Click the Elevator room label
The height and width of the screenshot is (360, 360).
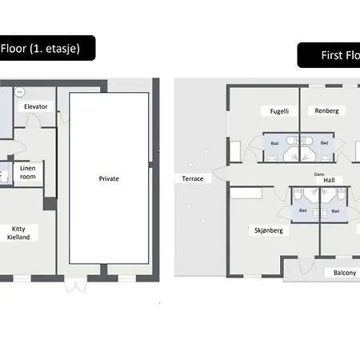(x=35, y=106)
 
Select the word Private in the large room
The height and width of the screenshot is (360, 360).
(x=109, y=178)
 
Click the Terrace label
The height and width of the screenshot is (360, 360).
(x=193, y=178)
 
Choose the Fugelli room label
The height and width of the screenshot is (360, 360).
(x=278, y=110)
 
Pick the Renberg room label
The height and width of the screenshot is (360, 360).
(x=326, y=110)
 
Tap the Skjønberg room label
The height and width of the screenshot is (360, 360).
(x=270, y=230)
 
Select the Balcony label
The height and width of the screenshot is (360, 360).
(x=346, y=272)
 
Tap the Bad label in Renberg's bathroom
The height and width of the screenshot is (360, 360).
(x=324, y=142)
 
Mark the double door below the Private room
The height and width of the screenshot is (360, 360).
(x=78, y=283)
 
